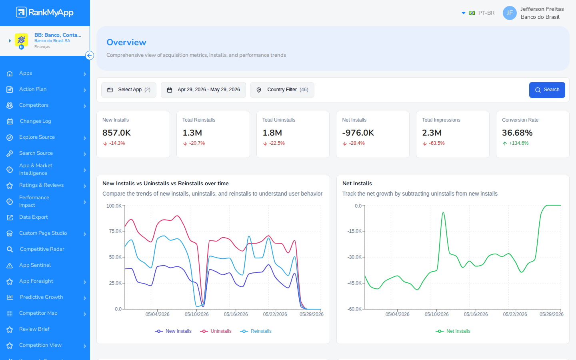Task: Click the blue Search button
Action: click(547, 90)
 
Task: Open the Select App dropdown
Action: click(128, 90)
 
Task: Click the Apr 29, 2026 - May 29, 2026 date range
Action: click(203, 90)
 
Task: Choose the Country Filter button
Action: click(282, 90)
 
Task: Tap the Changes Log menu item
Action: click(36, 121)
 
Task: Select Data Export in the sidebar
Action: click(34, 217)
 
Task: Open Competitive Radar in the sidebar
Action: click(42, 249)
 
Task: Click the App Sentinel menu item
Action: click(35, 265)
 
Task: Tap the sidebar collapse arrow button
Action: click(90, 56)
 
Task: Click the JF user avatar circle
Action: click(510, 13)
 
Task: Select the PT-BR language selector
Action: click(478, 13)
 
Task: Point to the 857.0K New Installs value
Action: click(116, 133)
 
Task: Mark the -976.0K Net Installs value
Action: click(358, 133)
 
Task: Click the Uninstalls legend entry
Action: click(216, 331)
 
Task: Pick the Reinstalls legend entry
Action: click(256, 331)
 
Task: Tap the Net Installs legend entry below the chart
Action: click(453, 331)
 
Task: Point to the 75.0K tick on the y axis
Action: click(115, 231)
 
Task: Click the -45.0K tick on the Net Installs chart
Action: click(354, 283)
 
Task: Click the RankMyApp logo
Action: click(45, 12)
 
